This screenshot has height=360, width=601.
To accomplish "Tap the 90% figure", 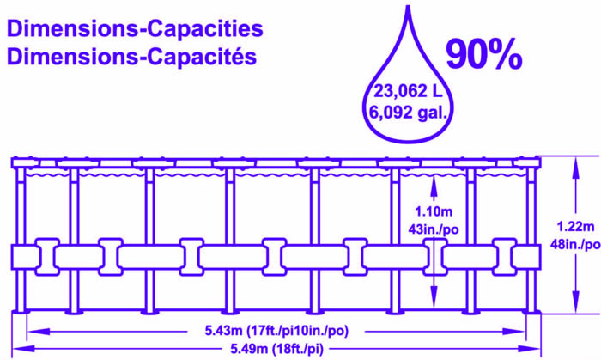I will [x=483, y=53].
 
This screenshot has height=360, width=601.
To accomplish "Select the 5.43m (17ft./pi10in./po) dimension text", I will [x=276, y=330].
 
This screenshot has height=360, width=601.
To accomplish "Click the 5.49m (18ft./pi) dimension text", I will [x=276, y=348].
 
